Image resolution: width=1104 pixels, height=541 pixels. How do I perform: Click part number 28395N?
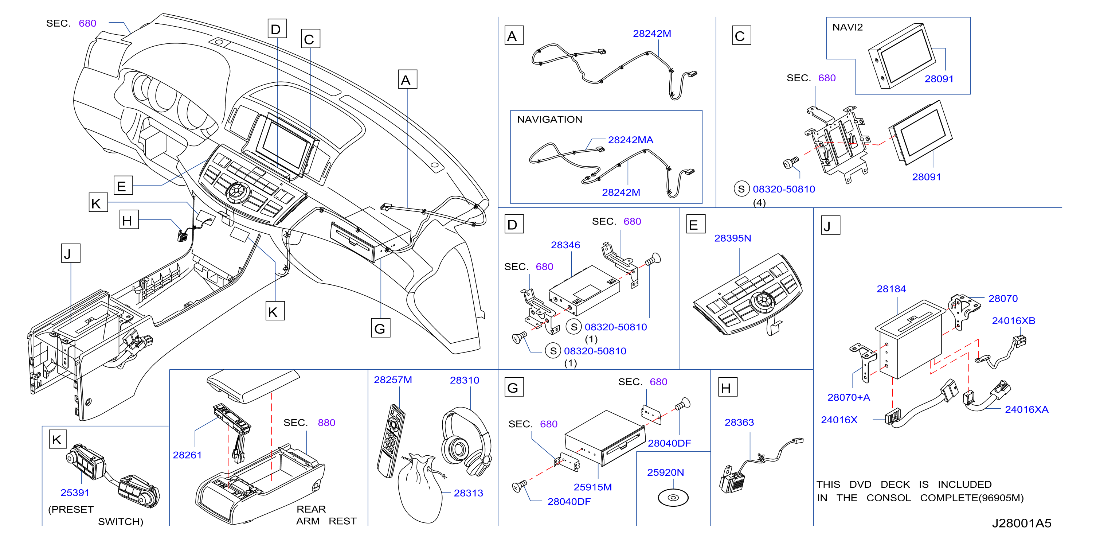point(732,238)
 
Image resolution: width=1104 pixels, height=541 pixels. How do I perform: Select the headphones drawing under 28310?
point(466,441)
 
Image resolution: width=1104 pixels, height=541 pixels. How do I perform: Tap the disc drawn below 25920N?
point(673,498)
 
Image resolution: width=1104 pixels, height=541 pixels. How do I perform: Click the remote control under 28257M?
point(391,441)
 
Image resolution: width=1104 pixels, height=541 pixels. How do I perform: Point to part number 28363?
point(739,422)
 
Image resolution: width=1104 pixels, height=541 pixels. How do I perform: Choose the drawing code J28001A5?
point(1021,523)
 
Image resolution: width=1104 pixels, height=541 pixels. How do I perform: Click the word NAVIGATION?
point(549,119)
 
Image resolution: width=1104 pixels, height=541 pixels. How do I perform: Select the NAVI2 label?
point(847,27)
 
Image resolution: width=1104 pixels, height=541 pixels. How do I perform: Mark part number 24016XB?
point(1013,321)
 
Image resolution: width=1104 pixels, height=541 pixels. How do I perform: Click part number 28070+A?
point(849,397)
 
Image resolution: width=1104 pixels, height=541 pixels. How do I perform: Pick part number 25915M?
point(593,487)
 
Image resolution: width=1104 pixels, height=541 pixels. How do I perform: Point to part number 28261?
point(187,455)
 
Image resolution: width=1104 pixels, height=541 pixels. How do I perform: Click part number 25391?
point(75,493)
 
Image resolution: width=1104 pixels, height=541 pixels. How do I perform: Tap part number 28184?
point(891,289)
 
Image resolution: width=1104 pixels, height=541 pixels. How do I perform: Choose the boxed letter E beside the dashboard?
point(123,186)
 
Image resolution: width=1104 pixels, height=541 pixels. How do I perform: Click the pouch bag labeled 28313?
point(420,489)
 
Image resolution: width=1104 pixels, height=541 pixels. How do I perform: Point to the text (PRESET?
point(71,509)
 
